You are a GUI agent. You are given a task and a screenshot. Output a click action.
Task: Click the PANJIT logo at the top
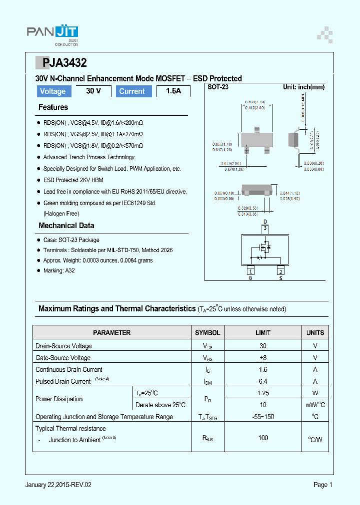52,33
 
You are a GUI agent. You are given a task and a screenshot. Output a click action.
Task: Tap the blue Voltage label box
52,91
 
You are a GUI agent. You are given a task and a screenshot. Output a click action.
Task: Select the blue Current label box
132,91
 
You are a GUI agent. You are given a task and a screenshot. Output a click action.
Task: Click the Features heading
53,107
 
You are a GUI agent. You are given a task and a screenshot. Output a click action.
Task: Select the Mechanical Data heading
66,226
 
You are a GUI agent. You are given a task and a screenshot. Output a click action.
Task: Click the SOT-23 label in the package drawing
218,87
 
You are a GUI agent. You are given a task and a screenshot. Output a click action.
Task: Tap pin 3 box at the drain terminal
265,229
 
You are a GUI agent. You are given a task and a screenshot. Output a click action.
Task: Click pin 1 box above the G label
250,271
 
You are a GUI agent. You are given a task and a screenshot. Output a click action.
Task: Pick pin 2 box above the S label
281,271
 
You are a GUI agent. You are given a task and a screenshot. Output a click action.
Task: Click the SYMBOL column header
207,332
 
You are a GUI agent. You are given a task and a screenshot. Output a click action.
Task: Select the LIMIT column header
263,332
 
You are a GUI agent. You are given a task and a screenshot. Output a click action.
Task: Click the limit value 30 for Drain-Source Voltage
263,346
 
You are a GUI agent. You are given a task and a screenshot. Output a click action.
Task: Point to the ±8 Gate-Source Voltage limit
263,358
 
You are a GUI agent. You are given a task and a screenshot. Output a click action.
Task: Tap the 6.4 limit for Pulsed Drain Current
263,381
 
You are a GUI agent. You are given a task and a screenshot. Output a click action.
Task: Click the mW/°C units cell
315,405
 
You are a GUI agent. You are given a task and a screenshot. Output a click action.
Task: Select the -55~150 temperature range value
263,417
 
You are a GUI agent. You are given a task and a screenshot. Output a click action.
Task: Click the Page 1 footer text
322,485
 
